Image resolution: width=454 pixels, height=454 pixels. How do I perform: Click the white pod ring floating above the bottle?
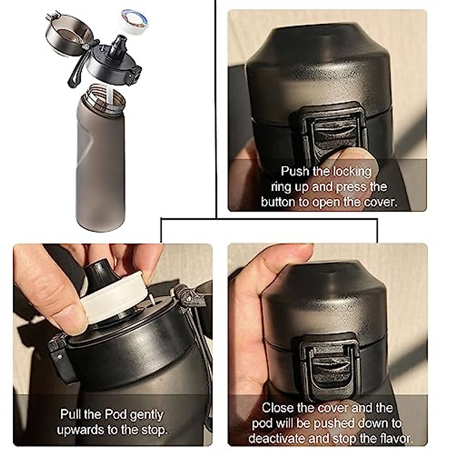[133, 20]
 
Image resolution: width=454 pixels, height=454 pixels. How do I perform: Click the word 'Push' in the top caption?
[295, 171]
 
